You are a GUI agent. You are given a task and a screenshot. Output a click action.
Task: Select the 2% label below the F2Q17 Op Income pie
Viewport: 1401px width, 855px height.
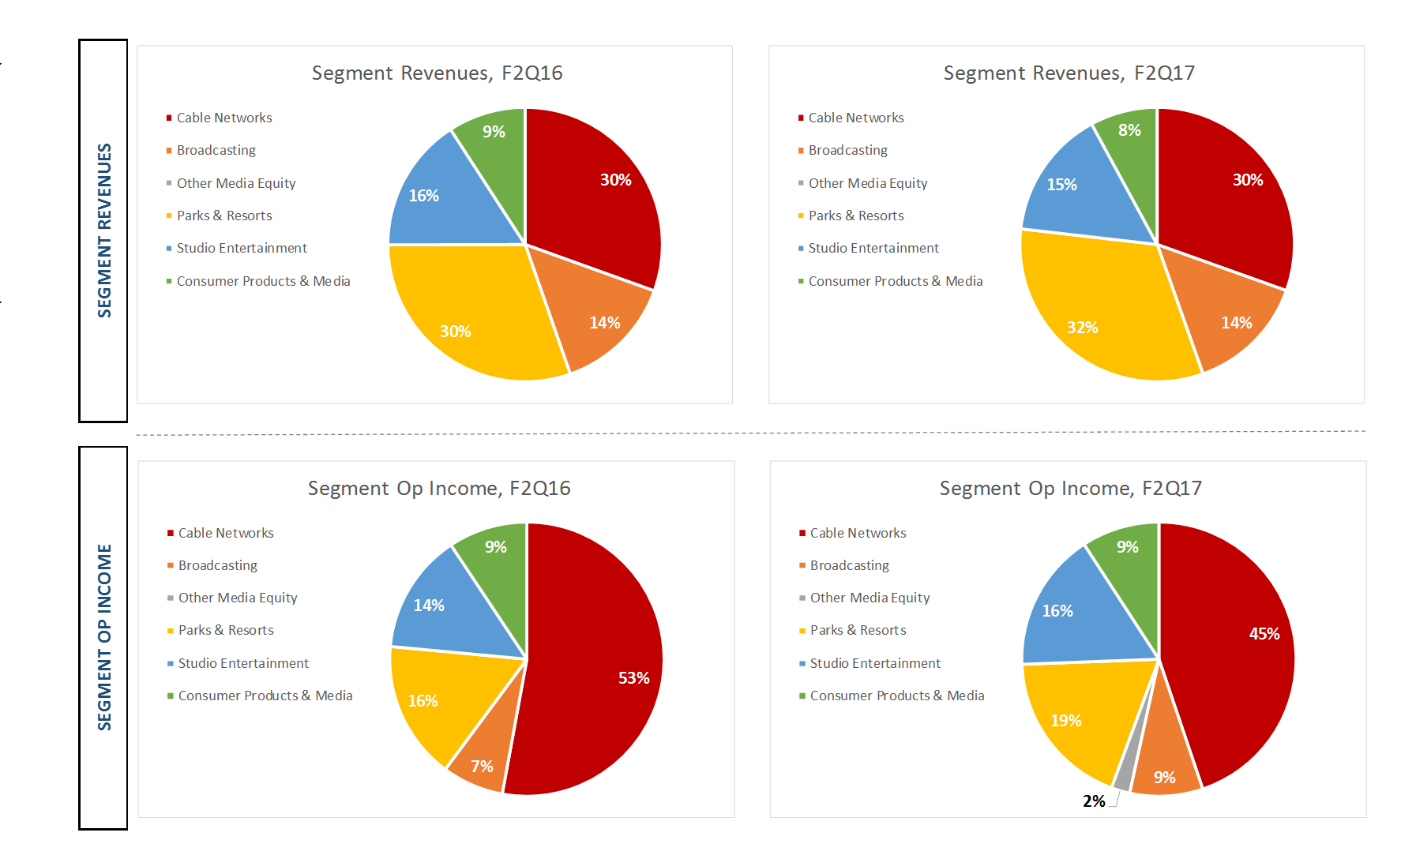pos(1094,801)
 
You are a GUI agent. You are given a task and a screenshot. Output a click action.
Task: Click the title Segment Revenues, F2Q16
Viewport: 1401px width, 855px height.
pos(437,73)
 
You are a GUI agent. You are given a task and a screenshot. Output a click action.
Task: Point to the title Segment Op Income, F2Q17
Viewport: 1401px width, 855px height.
pos(1070,489)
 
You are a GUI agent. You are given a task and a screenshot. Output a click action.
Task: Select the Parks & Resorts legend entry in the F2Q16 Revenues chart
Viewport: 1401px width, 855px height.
pos(223,216)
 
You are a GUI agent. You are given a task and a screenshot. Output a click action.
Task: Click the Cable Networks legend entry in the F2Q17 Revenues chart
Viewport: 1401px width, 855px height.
pos(855,118)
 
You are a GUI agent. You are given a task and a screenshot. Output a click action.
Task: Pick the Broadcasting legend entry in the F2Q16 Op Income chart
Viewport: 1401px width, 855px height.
pos(217,565)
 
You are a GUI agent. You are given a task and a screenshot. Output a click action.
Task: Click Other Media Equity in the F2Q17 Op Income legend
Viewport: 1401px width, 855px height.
pos(870,598)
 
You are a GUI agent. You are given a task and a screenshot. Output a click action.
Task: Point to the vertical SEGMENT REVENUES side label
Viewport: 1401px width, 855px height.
pos(104,230)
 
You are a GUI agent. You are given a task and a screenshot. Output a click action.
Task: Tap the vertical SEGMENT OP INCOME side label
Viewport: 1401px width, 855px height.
pos(104,636)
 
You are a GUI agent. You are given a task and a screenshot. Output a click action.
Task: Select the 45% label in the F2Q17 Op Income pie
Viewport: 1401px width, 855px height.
pos(1264,634)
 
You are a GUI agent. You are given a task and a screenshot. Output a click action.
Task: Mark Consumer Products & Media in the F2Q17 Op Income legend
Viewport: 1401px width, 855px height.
pos(896,696)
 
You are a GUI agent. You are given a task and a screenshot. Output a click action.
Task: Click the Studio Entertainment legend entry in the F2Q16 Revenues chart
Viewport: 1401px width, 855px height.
pos(241,248)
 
